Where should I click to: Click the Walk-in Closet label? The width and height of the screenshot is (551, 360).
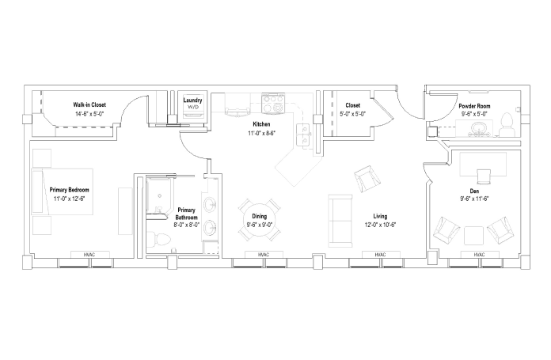[89, 104]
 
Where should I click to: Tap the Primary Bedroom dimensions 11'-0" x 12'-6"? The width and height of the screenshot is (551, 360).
[69, 199]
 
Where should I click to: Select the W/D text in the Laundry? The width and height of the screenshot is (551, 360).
[192, 107]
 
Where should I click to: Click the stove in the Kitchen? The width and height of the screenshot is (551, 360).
[272, 104]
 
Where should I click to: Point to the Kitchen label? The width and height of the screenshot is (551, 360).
[261, 124]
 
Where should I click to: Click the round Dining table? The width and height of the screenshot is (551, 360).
[260, 220]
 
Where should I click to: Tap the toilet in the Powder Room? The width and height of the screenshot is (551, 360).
[507, 125]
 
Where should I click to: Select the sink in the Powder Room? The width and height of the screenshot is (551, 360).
[477, 127]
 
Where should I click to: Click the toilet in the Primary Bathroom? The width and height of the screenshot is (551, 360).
[159, 241]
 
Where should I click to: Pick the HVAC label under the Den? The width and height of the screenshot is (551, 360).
[479, 255]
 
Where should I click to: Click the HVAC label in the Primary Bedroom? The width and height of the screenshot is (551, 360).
[89, 255]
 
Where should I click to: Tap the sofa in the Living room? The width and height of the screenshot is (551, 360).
[340, 222]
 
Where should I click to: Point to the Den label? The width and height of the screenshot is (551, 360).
[474, 191]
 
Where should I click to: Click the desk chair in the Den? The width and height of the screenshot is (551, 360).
[484, 176]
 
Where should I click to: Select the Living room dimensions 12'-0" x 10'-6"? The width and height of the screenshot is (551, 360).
[380, 225]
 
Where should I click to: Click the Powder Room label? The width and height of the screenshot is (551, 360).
[474, 106]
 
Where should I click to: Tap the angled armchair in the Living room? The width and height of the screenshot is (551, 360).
[367, 179]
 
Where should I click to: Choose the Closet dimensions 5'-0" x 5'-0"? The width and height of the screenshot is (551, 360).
[352, 114]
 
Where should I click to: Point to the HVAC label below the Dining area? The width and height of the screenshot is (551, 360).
[264, 255]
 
